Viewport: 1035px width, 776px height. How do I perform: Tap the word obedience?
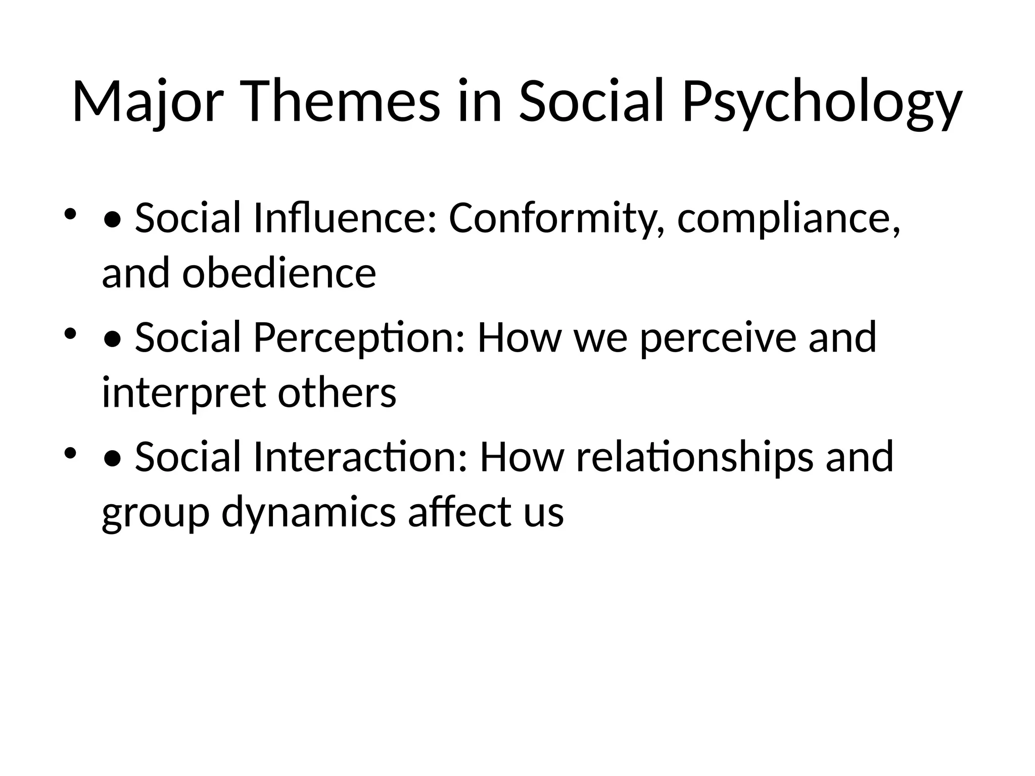[279, 273]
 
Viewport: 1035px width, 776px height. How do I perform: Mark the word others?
[337, 393]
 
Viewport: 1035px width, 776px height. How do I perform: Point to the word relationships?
[695, 457]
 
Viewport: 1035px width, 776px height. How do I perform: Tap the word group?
[155, 512]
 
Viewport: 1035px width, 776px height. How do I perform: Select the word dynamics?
[309, 512]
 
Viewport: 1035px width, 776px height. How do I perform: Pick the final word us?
[544, 512]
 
